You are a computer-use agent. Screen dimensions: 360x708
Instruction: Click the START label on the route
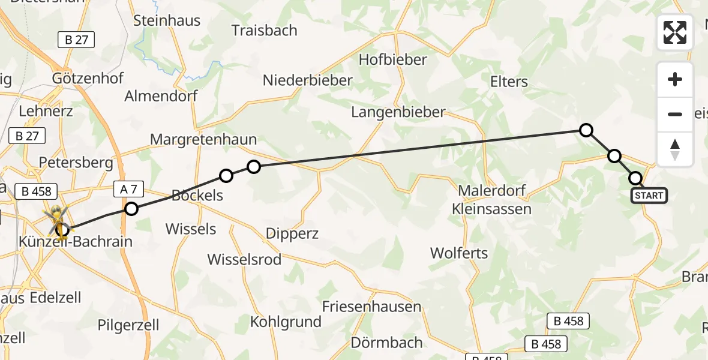pos(649,196)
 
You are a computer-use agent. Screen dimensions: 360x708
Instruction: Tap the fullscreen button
pos(675,32)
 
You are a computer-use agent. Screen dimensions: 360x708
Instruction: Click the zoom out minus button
pos(675,114)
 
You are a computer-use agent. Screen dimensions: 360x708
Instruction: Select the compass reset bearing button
pos(675,149)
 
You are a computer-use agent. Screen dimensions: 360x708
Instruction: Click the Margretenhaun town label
pos(203,140)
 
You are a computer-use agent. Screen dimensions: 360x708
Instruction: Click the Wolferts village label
pos(459,253)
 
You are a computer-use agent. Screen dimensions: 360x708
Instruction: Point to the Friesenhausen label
pos(371,306)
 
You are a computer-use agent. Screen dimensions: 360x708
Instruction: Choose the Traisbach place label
pos(264,30)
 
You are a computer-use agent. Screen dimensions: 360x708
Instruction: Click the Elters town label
pos(509,82)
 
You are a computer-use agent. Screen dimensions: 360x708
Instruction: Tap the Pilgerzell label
pos(128,325)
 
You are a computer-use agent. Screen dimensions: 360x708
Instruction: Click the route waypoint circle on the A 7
pos(131,209)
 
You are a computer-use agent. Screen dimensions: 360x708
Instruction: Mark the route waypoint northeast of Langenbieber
pos(586,130)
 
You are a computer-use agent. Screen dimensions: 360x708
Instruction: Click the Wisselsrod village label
pos(244,259)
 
